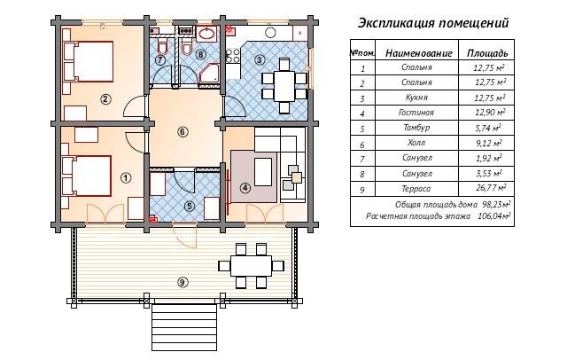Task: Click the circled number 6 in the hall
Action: point(183,132)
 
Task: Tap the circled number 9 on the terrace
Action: point(183,282)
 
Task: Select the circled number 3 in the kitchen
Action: point(260,59)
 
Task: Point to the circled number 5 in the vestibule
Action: point(189,207)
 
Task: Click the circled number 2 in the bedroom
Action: point(105,98)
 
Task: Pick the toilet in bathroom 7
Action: point(161,47)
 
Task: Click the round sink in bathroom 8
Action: point(206,34)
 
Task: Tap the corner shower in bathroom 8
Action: point(209,74)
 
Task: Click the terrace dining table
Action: point(252,266)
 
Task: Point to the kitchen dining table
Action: point(284,86)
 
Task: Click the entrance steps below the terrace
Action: point(183,327)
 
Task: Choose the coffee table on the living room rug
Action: point(263,172)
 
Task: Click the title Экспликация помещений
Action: point(433,23)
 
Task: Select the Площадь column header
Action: point(487,53)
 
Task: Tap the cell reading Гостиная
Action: point(416,113)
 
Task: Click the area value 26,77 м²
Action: point(490,188)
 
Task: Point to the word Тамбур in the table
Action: point(416,128)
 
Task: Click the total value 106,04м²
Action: point(494,216)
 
